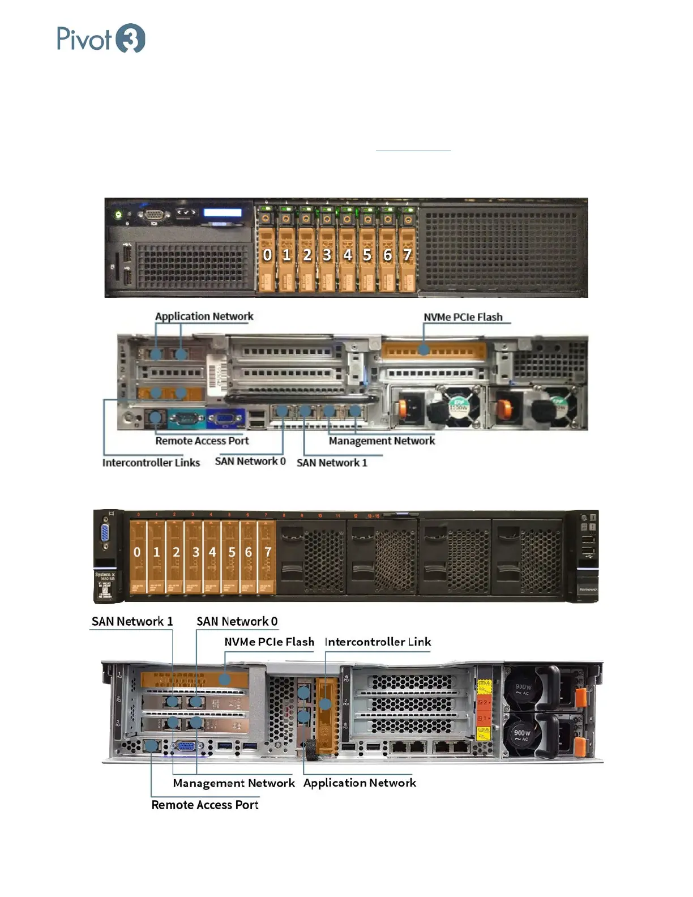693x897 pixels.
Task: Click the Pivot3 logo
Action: coord(101,39)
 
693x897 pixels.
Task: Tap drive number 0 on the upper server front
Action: coord(267,255)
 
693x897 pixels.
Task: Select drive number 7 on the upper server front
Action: coord(407,255)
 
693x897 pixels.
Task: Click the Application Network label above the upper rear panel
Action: coord(204,317)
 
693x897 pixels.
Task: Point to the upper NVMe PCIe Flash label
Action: coord(463,317)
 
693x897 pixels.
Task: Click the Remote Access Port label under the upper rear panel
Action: coord(202,441)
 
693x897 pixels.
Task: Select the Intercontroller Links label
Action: coord(151,463)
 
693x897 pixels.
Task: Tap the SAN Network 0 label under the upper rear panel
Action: coord(250,461)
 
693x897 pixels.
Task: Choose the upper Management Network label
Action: coord(382,441)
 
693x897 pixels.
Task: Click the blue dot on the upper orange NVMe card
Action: coord(423,349)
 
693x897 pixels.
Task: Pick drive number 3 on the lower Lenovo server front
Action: coord(195,552)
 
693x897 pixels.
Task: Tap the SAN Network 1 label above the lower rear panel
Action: coord(132,621)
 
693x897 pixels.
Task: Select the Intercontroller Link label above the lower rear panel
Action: coord(378,642)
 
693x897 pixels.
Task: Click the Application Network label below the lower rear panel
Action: coord(360,783)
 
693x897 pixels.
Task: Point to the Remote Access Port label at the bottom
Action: coord(204,805)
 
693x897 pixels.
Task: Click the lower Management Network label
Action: coord(233,783)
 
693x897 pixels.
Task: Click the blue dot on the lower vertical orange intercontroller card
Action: coord(326,704)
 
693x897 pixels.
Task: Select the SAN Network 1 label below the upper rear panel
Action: coord(332,463)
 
